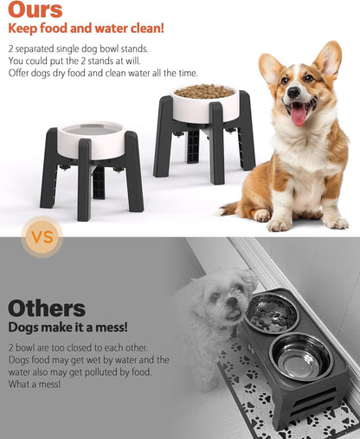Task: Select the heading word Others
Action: (47, 307)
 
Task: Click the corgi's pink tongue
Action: (299, 113)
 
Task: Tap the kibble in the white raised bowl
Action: (204, 91)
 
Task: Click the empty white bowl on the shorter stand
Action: (90, 139)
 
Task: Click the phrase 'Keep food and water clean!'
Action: (86, 29)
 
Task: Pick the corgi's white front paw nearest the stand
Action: (279, 223)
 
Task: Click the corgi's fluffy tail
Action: (230, 208)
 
